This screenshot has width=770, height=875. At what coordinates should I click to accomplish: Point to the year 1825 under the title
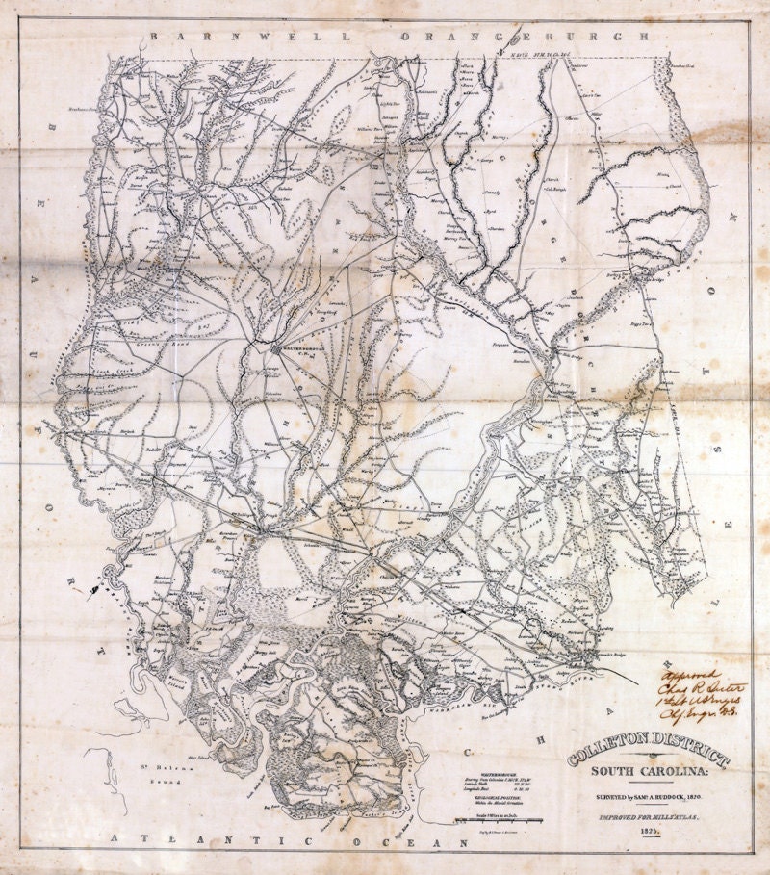pos(647,831)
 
